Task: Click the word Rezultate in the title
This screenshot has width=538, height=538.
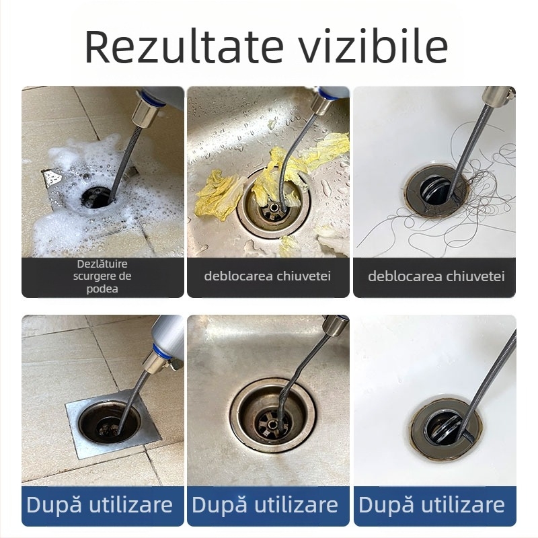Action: tap(174, 46)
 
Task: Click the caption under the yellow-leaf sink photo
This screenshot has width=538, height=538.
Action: tap(268, 276)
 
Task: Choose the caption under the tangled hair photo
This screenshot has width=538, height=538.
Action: tap(436, 276)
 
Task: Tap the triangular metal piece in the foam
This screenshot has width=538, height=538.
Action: tap(53, 178)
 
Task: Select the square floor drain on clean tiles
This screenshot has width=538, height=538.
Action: tap(108, 423)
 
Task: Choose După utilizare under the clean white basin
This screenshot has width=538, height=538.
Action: tap(432, 504)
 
